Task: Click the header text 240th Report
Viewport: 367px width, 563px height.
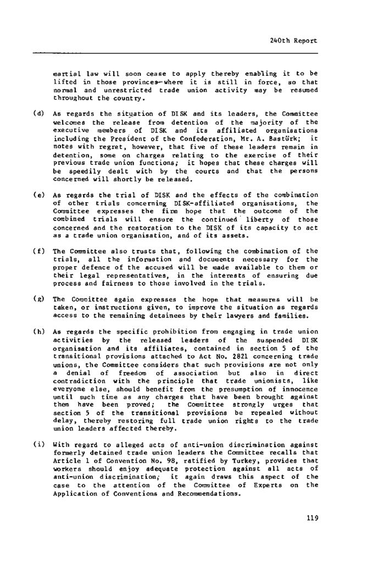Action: point(294,41)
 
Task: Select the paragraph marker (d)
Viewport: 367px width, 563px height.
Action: point(39,114)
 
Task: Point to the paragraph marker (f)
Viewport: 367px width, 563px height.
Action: point(39,251)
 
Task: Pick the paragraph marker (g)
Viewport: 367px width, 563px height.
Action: point(39,299)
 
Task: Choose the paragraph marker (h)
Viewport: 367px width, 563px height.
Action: point(39,334)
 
